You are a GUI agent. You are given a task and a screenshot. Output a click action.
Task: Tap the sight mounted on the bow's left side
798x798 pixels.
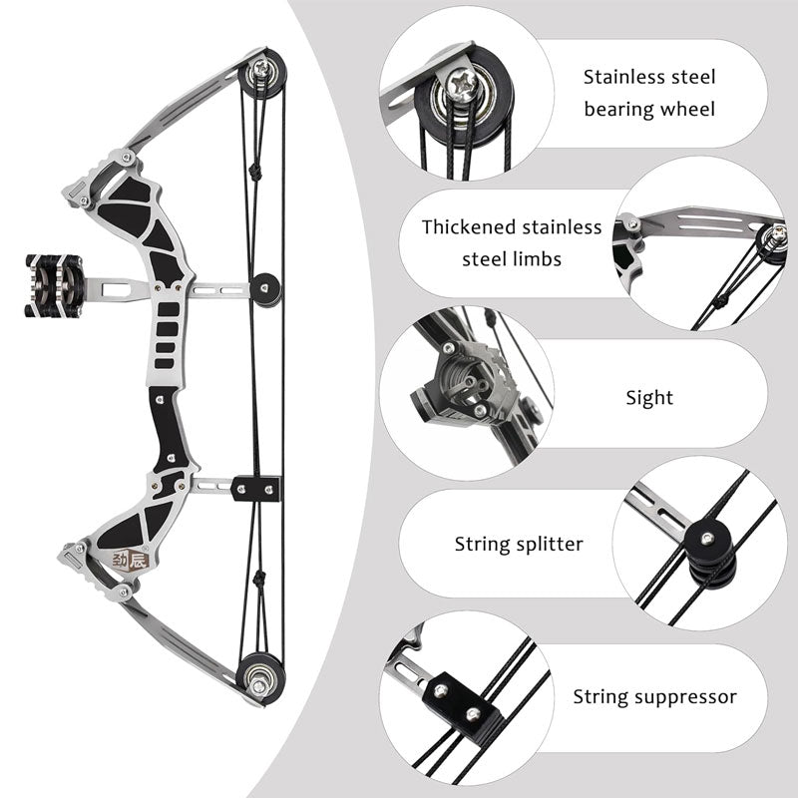pos(48,286)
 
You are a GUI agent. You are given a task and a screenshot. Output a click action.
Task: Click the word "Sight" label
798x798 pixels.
pos(649,398)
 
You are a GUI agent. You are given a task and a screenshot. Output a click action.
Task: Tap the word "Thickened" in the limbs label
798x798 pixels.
pos(469,227)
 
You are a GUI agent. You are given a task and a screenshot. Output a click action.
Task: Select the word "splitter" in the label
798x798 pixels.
pos(548,545)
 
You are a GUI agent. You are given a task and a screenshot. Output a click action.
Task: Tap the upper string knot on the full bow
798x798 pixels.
pos(255,173)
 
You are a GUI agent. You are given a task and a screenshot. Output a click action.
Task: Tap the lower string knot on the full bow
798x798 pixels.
pos(257,580)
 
